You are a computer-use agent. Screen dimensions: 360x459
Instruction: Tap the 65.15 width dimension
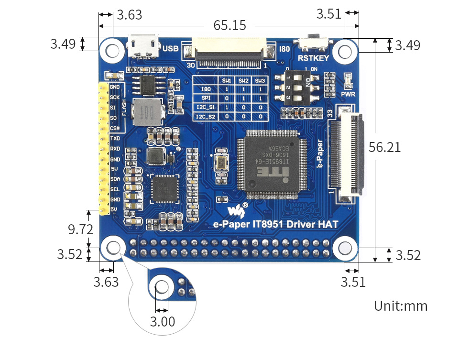[x=229, y=25]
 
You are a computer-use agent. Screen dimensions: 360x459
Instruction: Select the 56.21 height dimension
[x=385, y=147]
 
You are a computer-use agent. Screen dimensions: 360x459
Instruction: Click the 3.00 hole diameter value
[x=163, y=322]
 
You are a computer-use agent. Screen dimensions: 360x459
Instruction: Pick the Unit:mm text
[x=401, y=306]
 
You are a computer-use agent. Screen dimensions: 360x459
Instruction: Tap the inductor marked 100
[x=148, y=113]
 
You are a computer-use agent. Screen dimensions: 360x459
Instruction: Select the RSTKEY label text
[x=314, y=58]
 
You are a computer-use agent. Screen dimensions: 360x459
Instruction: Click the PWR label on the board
[x=348, y=94]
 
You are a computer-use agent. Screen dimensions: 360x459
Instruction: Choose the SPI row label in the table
[x=207, y=98]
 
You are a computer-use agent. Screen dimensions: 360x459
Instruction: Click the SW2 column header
[x=243, y=80]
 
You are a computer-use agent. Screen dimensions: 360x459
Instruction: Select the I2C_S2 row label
[x=207, y=116]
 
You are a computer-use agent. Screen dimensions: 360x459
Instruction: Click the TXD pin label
[x=115, y=138]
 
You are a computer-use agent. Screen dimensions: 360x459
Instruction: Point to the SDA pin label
[x=115, y=179]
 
